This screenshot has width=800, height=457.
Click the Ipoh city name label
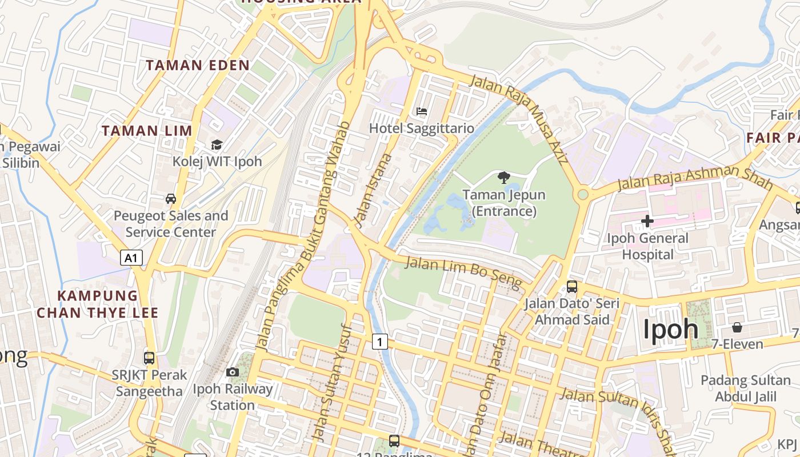671,330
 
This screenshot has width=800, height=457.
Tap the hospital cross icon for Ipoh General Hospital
647,221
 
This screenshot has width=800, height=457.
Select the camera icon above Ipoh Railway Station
232,372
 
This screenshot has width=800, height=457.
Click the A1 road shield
131,258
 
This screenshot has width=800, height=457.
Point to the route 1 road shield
380,342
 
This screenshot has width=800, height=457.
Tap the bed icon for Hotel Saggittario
422,111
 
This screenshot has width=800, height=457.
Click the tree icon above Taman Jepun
503,178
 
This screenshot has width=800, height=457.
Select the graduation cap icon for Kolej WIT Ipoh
217,145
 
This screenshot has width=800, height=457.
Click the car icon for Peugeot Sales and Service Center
170,199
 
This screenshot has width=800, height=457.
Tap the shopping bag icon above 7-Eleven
737,327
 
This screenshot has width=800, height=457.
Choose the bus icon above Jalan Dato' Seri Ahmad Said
571,287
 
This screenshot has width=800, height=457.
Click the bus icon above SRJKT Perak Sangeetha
149,358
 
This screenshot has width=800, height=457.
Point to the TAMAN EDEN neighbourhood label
198,65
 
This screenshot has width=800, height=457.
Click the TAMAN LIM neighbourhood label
147,131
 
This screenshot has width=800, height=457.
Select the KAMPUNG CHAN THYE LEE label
97,304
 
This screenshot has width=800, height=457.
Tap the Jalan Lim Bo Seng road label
463,273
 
